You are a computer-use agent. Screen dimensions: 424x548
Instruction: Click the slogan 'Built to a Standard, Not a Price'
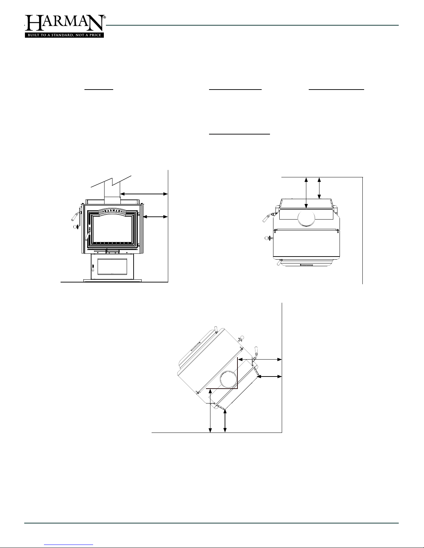click(64, 35)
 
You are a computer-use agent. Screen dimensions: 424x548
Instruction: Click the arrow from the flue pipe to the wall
click(144, 194)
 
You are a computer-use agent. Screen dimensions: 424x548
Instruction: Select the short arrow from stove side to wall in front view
click(155, 217)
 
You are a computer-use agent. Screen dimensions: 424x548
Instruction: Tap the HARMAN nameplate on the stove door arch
click(113, 211)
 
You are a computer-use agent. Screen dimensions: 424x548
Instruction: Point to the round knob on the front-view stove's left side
click(75, 227)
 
